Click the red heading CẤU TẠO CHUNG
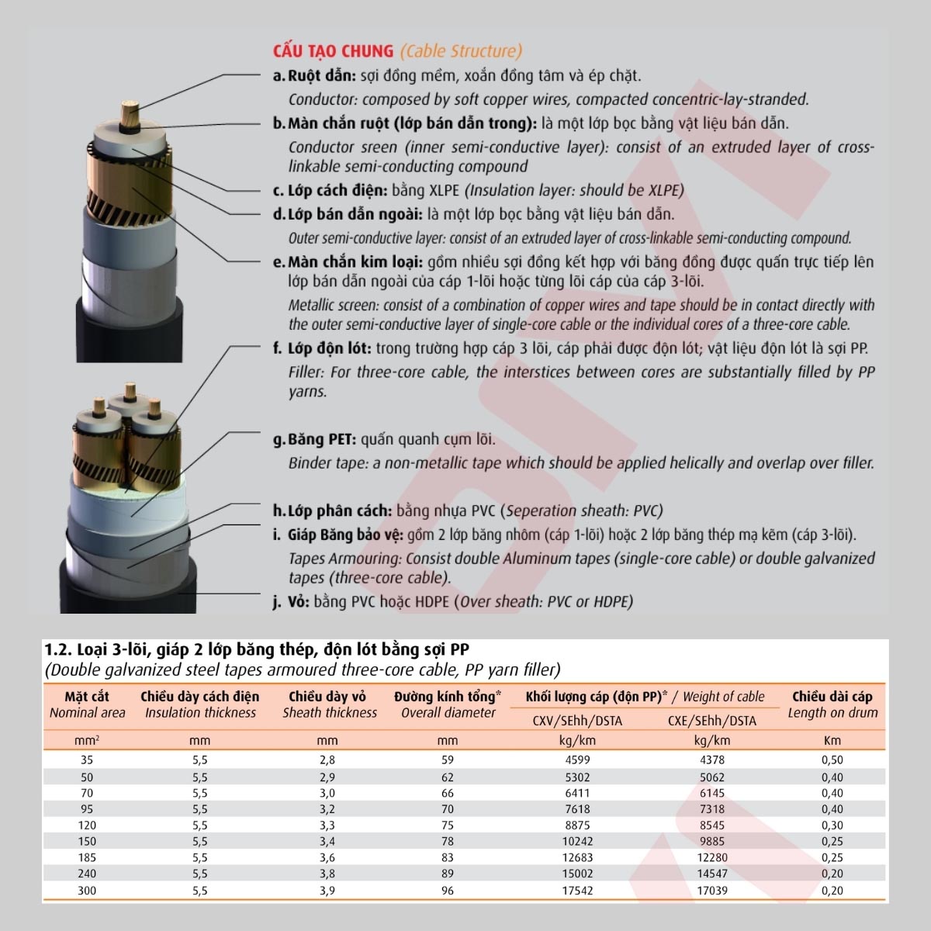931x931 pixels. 333,51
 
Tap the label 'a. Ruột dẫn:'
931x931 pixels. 314,76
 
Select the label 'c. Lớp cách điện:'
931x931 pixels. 330,191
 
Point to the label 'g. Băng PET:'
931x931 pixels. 314,440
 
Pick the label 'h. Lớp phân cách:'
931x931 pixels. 332,511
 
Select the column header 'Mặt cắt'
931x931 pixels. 87,697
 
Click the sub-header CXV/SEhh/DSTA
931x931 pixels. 577,721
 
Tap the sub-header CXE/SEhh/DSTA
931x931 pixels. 711,721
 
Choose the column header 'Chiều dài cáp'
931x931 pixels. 832,697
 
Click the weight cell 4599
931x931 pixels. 577,760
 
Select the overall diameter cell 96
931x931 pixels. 448,891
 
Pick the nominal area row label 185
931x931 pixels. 87,858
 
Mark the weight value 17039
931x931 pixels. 711,891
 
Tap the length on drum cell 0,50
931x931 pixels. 832,760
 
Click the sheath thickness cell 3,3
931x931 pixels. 327,825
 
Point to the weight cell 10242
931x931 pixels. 577,842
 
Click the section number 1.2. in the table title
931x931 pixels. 59,649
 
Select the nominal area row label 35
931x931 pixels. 87,760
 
